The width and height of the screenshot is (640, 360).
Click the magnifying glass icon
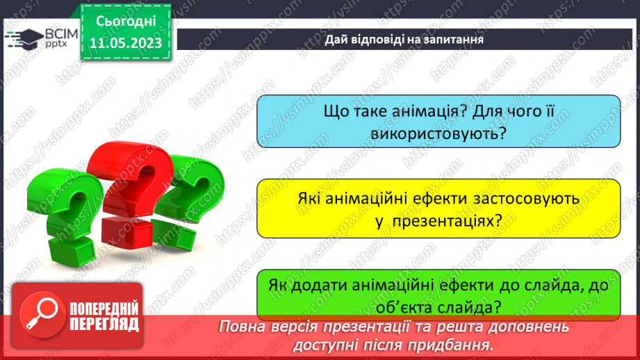40,314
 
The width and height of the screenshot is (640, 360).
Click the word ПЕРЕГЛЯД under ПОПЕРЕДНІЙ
104,324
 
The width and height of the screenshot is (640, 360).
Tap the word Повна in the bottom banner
241,327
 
